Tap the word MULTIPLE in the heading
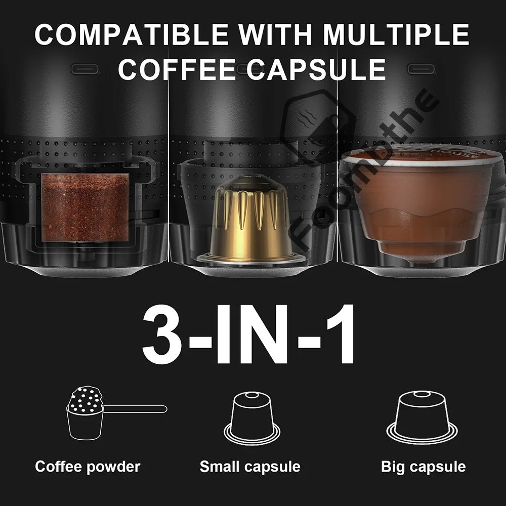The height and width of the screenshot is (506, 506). click(x=396, y=34)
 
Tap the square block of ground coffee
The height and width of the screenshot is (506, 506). click(x=85, y=207)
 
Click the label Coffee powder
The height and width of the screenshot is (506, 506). click(x=88, y=467)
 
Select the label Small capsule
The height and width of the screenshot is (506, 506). click(x=250, y=467)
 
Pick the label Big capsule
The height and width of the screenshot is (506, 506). click(x=423, y=467)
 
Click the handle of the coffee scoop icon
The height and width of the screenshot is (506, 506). click(x=136, y=409)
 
